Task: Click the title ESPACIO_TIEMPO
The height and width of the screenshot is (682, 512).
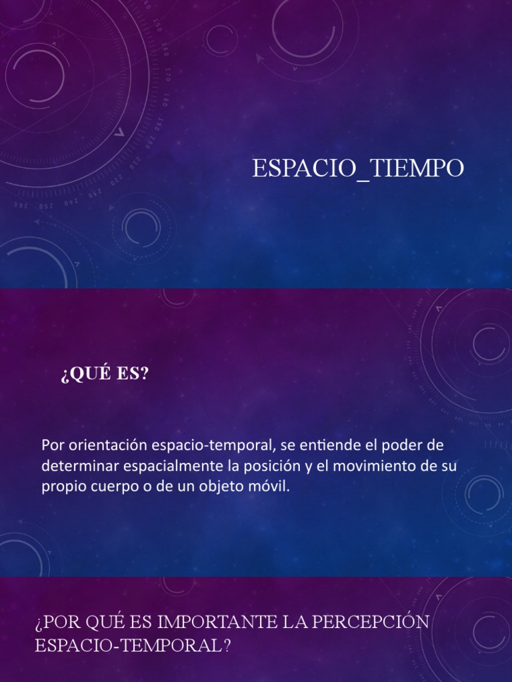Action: pos(358,169)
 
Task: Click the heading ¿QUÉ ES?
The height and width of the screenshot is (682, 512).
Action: pos(105,374)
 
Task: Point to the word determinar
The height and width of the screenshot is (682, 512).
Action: pos(74,466)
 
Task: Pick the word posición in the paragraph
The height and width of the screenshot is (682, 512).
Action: pos(257,466)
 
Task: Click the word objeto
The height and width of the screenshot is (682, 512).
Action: pos(220,486)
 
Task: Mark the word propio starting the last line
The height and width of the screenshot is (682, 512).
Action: pos(59,486)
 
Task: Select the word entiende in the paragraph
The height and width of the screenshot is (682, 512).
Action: pos(322,445)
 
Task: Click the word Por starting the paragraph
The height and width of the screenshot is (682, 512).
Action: pos(51,445)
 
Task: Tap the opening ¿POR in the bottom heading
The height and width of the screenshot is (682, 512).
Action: pos(55,622)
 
